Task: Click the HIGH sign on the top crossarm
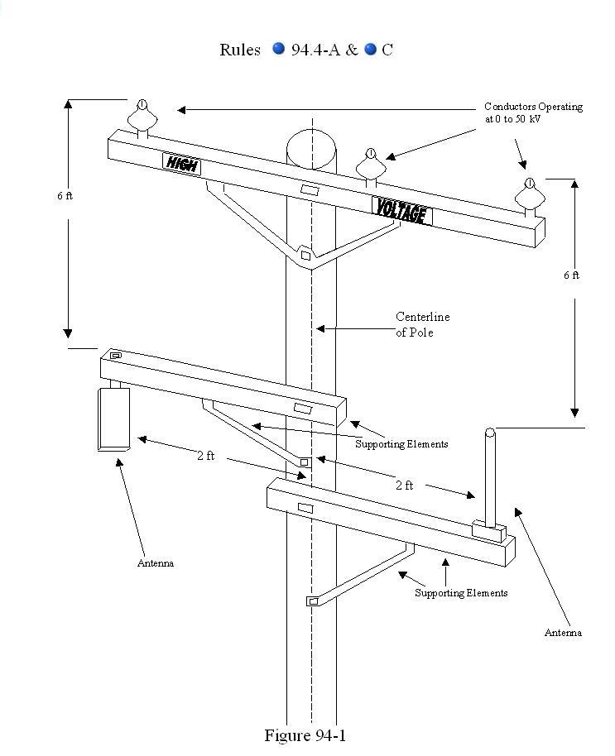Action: tap(181, 163)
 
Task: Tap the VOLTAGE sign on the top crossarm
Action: tap(402, 211)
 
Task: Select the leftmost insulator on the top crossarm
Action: tap(142, 118)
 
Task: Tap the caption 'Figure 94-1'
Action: tap(305, 735)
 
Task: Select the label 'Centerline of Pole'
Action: tap(422, 324)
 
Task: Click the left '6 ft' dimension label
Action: tap(65, 196)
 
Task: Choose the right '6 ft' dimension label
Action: tap(571, 275)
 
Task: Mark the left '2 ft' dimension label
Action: tap(205, 456)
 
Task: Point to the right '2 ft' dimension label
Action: tap(404, 486)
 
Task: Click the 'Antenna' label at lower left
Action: tap(156, 563)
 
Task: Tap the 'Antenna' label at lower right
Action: tap(563, 633)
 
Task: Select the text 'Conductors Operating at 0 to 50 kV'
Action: tap(533, 112)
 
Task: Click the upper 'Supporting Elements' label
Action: tap(401, 444)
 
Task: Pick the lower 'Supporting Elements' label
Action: tap(461, 593)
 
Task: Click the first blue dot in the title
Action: tap(279, 50)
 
